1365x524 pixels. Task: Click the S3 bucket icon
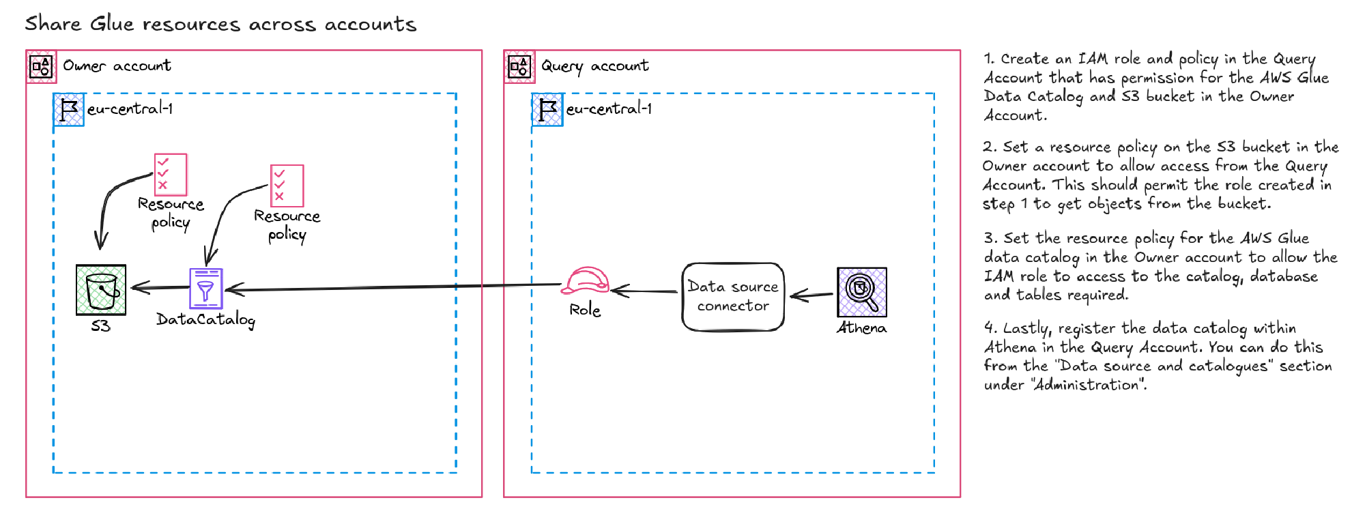click(101, 290)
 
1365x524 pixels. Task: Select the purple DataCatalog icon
click(205, 289)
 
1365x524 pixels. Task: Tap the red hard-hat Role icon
click(584, 280)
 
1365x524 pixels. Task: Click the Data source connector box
click(733, 297)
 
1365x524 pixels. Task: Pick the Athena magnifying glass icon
click(862, 292)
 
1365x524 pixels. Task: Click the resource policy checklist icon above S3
click(170, 175)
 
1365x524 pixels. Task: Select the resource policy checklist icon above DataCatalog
click(287, 186)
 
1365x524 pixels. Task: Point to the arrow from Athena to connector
click(811, 295)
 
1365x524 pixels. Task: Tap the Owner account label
click(117, 66)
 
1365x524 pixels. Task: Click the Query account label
click(594, 66)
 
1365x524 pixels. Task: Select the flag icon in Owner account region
click(69, 110)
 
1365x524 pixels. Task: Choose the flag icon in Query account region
click(547, 110)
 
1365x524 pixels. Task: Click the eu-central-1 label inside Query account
click(609, 109)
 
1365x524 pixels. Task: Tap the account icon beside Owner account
click(42, 67)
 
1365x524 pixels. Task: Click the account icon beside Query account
click(520, 67)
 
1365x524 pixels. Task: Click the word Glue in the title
click(112, 24)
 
